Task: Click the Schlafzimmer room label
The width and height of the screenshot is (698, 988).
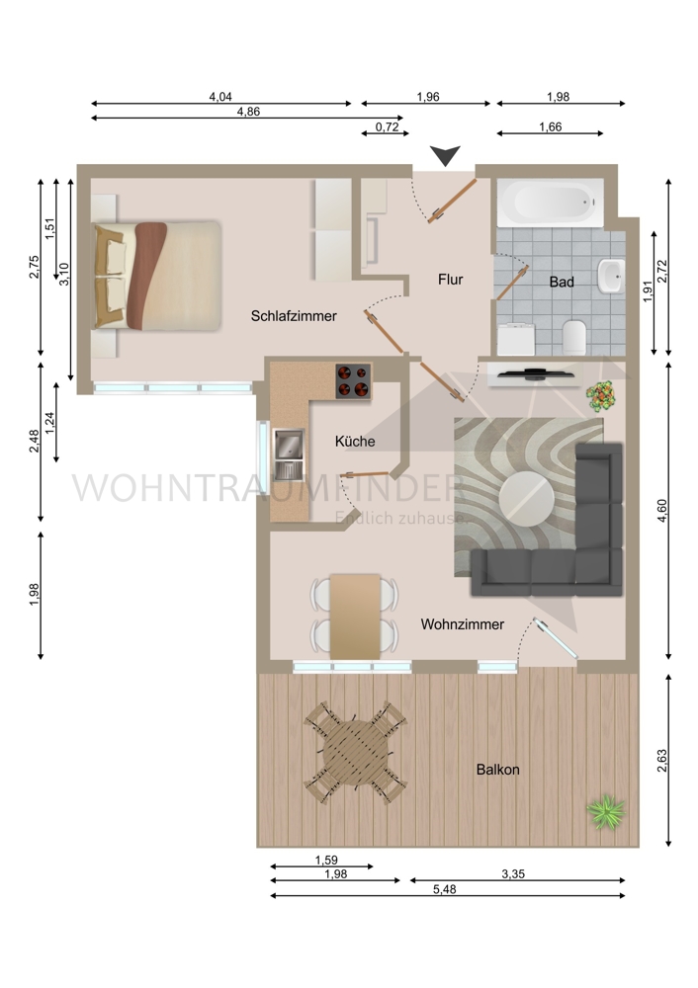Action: pos(294,316)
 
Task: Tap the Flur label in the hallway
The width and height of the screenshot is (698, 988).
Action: pos(450,280)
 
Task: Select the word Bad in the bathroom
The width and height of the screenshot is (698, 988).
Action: pos(562,282)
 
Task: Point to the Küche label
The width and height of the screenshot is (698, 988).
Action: pos(355,442)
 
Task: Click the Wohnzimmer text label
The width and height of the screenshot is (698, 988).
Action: pos(462,624)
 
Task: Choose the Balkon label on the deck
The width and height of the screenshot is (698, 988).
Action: pos(497,770)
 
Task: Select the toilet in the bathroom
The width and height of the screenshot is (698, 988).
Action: pos(573,338)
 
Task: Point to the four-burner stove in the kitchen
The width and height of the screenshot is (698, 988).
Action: pos(355,380)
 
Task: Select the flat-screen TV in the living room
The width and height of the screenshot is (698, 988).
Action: pos(533,372)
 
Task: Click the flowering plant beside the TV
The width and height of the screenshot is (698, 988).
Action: pos(600,397)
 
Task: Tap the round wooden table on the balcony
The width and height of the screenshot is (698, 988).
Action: pos(355,752)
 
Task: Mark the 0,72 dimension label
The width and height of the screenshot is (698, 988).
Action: pos(388,126)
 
